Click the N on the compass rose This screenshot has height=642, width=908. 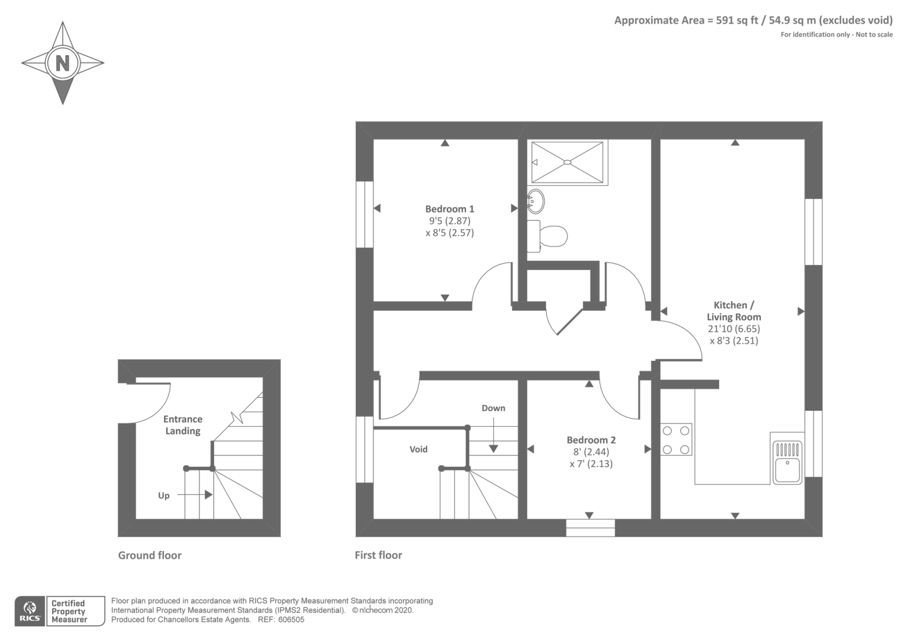tap(62, 62)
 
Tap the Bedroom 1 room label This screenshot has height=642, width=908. tap(449, 209)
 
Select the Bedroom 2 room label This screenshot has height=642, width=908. tap(591, 440)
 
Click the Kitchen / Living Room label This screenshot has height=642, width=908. tap(734, 311)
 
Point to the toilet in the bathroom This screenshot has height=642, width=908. tap(548, 236)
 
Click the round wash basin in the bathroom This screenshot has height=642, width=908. tap(535, 201)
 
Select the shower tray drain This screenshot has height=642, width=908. tap(567, 162)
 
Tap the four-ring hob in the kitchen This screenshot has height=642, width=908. tap(676, 439)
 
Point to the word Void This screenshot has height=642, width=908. tap(418, 449)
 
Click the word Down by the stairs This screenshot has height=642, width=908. tap(493, 408)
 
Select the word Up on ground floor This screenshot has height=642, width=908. tap(163, 495)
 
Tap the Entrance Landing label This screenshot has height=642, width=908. tap(183, 425)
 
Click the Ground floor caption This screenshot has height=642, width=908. tap(150, 555)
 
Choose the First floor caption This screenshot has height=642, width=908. tap(379, 555)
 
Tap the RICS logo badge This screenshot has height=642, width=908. tap(30, 611)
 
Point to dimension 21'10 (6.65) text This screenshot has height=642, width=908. tap(734, 329)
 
